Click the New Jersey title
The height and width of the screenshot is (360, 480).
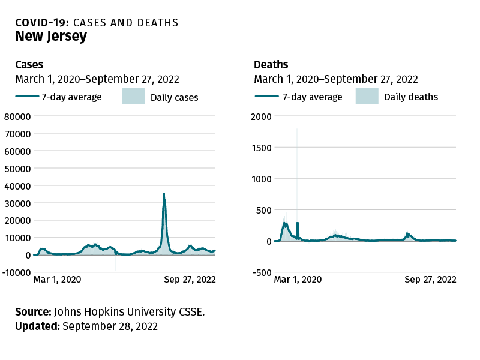click(51, 37)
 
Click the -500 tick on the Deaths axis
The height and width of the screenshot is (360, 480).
click(262, 272)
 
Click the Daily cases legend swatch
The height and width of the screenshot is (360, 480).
click(134, 97)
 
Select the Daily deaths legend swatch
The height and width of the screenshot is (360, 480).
click(367, 97)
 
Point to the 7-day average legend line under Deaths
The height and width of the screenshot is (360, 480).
click(266, 97)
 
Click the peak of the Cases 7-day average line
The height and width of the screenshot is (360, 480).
click(164, 193)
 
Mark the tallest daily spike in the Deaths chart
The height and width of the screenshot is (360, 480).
click(297, 130)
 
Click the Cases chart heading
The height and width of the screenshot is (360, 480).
click(29, 65)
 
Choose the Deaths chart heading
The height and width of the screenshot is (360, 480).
click(271, 65)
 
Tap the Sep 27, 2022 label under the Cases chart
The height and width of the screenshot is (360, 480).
click(190, 280)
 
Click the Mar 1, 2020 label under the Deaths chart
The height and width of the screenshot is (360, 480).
click(298, 280)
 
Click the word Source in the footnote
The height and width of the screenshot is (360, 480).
click(33, 312)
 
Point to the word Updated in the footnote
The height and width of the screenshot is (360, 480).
click(37, 326)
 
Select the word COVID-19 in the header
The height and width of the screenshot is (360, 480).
click(42, 23)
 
